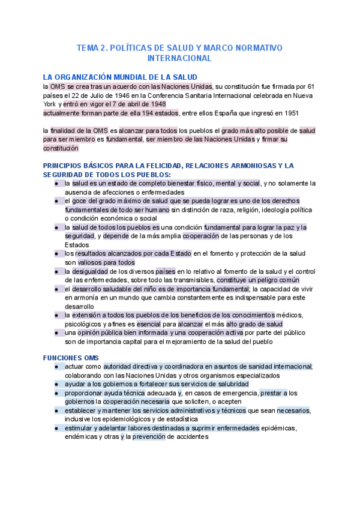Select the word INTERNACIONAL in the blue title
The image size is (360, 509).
[x=179, y=59]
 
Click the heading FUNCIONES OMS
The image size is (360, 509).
[x=66, y=357]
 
